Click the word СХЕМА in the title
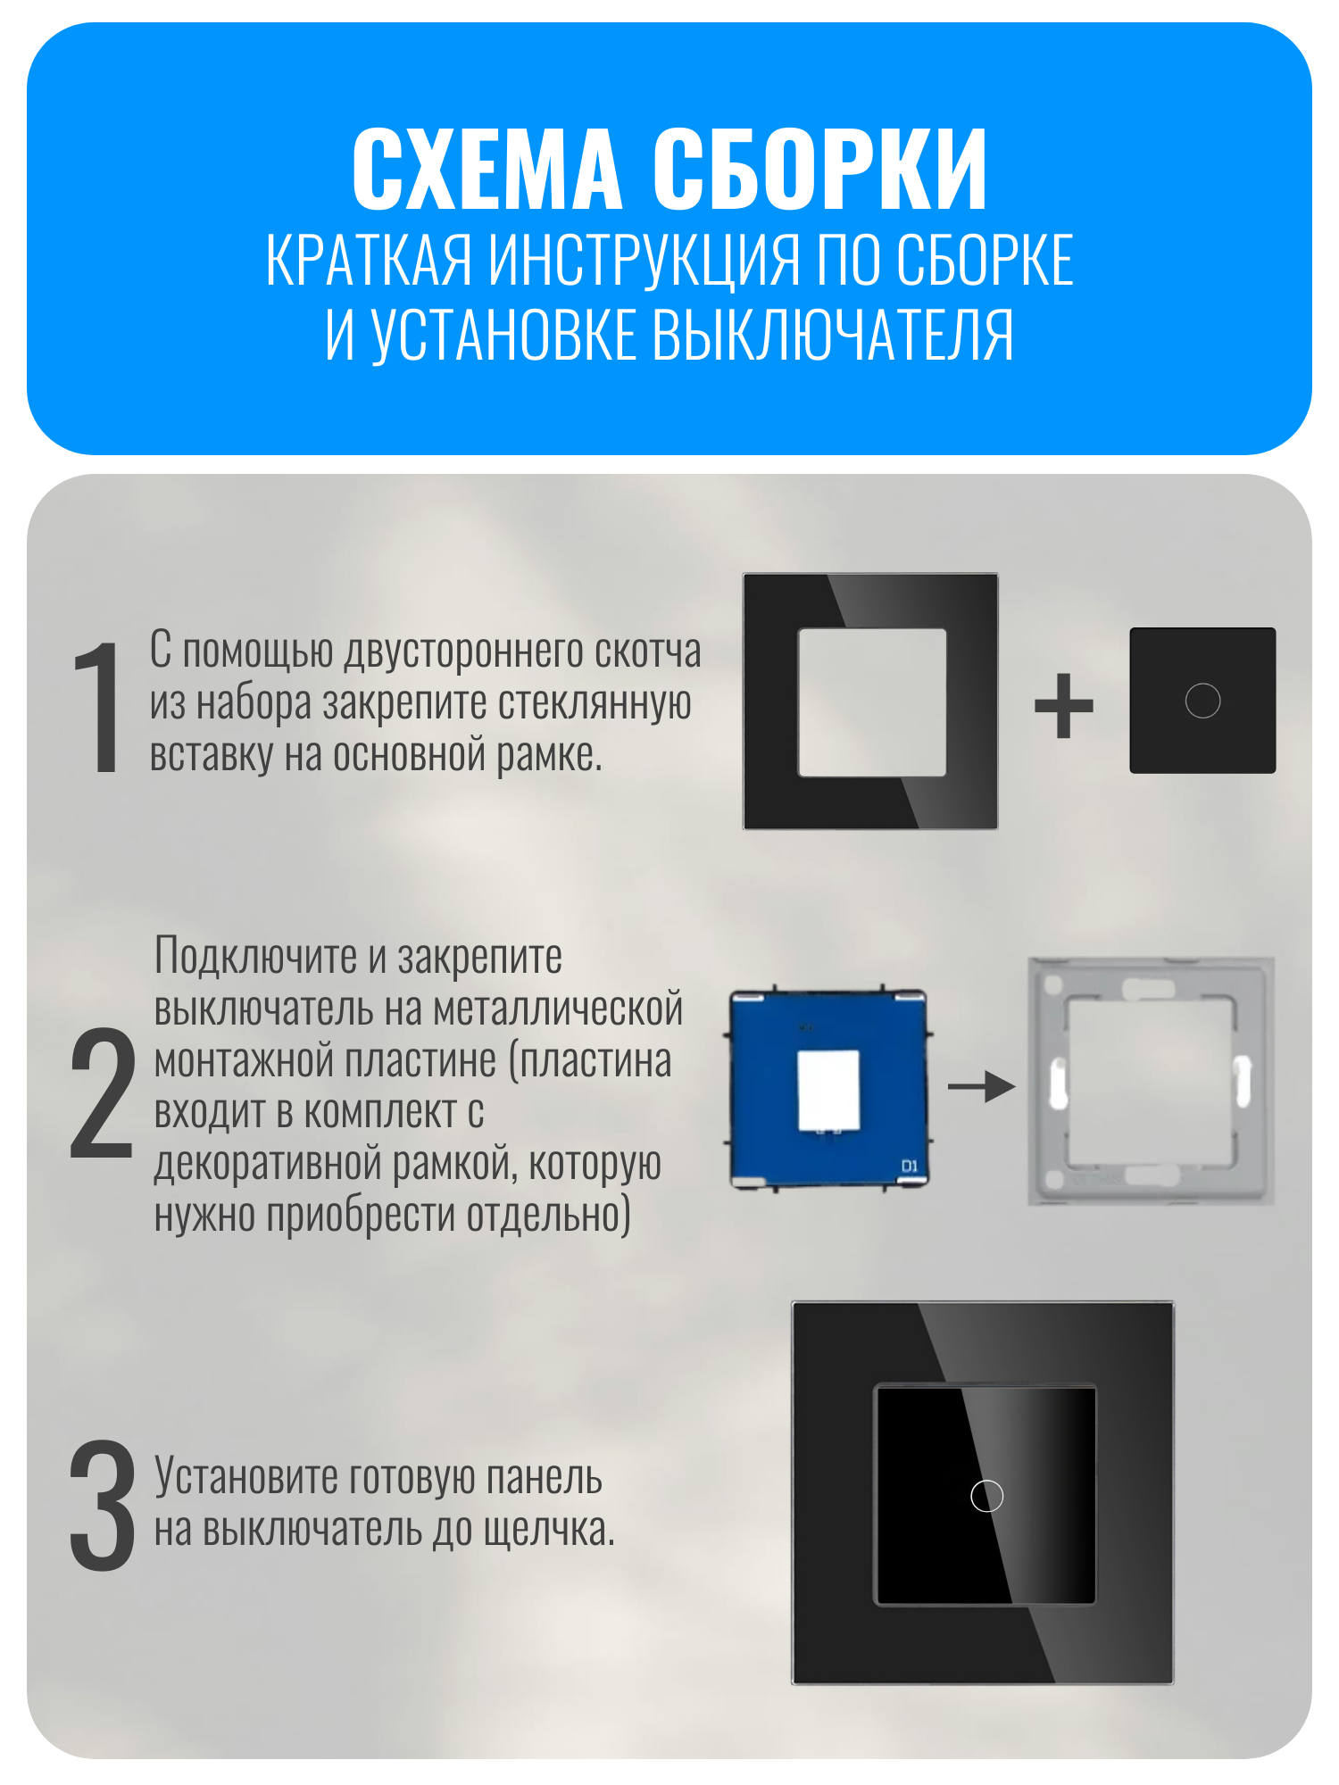487,169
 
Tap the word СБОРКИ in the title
820,169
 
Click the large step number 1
101,707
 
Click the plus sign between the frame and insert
1063,705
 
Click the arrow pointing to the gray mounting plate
982,1086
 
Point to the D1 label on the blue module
909,1166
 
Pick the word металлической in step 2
558,1009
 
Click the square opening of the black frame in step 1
872,702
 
